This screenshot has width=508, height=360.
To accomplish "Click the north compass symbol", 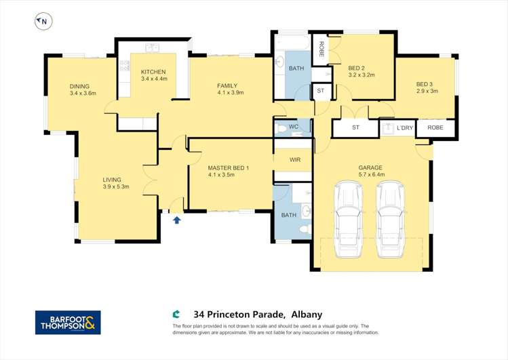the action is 43,22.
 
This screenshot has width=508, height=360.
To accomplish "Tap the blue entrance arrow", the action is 176,220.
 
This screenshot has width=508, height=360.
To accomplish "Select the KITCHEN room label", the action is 153,72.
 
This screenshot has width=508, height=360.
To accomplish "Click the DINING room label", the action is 79,86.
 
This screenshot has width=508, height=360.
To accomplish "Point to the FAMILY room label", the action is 227,86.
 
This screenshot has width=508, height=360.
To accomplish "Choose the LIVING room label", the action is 112,180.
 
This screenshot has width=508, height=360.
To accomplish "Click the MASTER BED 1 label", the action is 229,168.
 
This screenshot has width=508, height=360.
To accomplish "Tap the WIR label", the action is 295,159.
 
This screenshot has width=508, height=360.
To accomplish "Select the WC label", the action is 294,127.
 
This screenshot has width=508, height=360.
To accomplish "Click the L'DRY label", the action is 405,128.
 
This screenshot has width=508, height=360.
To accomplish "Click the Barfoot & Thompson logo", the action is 68,323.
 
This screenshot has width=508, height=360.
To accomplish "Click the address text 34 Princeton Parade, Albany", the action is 258,315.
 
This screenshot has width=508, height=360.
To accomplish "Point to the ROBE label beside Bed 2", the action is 321,49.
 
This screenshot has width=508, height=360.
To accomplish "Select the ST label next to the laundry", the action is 355,127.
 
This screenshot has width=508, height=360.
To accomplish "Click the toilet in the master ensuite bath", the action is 305,230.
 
